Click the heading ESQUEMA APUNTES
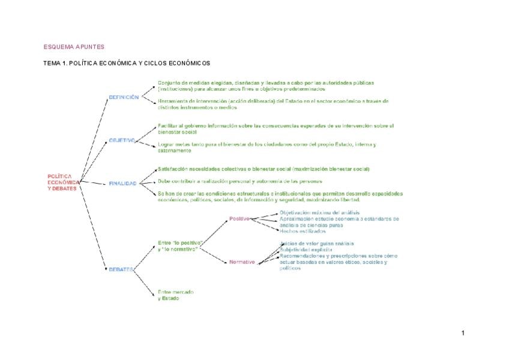(74, 47)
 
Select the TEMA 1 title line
(127, 63)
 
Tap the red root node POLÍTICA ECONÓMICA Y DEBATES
(63, 182)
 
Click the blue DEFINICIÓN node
(124, 97)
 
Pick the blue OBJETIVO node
(122, 140)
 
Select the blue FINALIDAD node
(122, 184)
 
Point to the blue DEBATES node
(121, 269)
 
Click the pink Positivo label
(239, 219)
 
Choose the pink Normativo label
(242, 262)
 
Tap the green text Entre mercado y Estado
(175, 295)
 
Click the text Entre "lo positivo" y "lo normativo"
(179, 245)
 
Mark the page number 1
(463, 333)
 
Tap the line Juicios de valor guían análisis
(317, 244)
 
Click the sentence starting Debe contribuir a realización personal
(240, 181)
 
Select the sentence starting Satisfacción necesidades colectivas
(264, 169)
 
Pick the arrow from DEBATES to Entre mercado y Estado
(144, 283)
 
